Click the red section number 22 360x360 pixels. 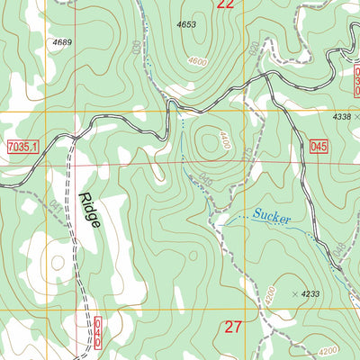click(226, 5)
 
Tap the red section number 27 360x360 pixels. click(232, 327)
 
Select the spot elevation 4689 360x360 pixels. click(62, 42)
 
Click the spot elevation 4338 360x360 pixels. click(339, 116)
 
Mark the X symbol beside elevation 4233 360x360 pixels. click(295, 293)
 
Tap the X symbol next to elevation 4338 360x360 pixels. click(356, 116)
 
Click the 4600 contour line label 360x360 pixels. click(197, 62)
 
